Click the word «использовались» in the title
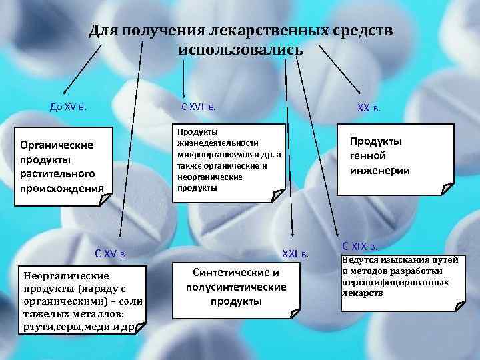click(241, 50)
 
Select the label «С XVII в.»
click(198, 106)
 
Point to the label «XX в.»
click(369, 109)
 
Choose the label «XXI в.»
click(296, 253)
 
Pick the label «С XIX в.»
click(365, 245)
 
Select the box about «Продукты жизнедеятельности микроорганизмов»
click(228, 159)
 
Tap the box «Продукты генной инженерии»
click(379, 157)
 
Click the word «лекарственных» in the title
click(266, 31)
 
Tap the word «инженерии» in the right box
click(380, 171)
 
